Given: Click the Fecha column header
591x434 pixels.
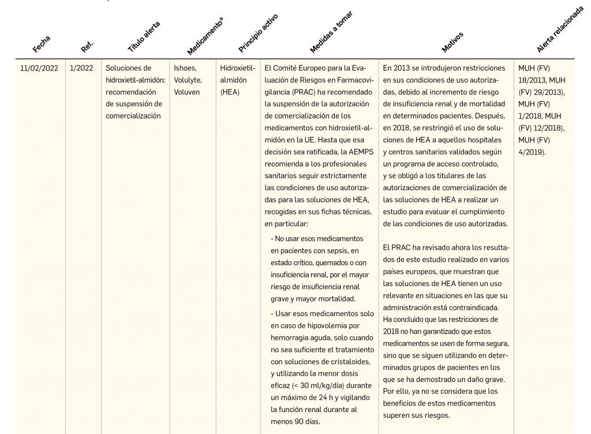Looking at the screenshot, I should (x=42, y=43).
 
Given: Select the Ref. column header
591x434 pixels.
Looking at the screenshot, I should (x=87, y=45).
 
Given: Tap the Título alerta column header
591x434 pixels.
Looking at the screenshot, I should (x=143, y=36).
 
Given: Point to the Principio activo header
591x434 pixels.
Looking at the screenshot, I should (x=258, y=34).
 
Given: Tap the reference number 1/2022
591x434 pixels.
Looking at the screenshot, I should (x=81, y=68).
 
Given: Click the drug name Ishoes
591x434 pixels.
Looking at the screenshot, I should (x=185, y=68).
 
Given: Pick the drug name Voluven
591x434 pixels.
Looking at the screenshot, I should (x=187, y=92).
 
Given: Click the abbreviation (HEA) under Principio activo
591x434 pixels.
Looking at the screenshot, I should (x=231, y=92).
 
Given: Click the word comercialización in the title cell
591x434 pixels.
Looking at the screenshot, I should (x=133, y=116).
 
